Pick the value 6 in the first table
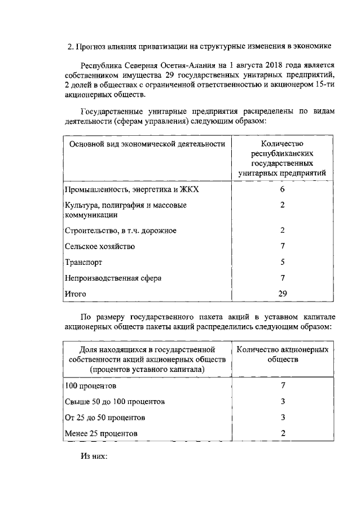(x=283, y=189)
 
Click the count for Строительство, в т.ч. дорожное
(x=283, y=230)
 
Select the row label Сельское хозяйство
(x=99, y=246)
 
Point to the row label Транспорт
(x=83, y=262)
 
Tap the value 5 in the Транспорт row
(x=283, y=262)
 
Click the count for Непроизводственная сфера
(x=283, y=278)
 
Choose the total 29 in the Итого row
(x=283, y=293)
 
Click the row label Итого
(x=75, y=294)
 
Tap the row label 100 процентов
(x=90, y=386)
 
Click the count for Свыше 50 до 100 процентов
(x=283, y=402)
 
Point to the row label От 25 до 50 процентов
(x=105, y=418)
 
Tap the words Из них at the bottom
(x=94, y=458)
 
